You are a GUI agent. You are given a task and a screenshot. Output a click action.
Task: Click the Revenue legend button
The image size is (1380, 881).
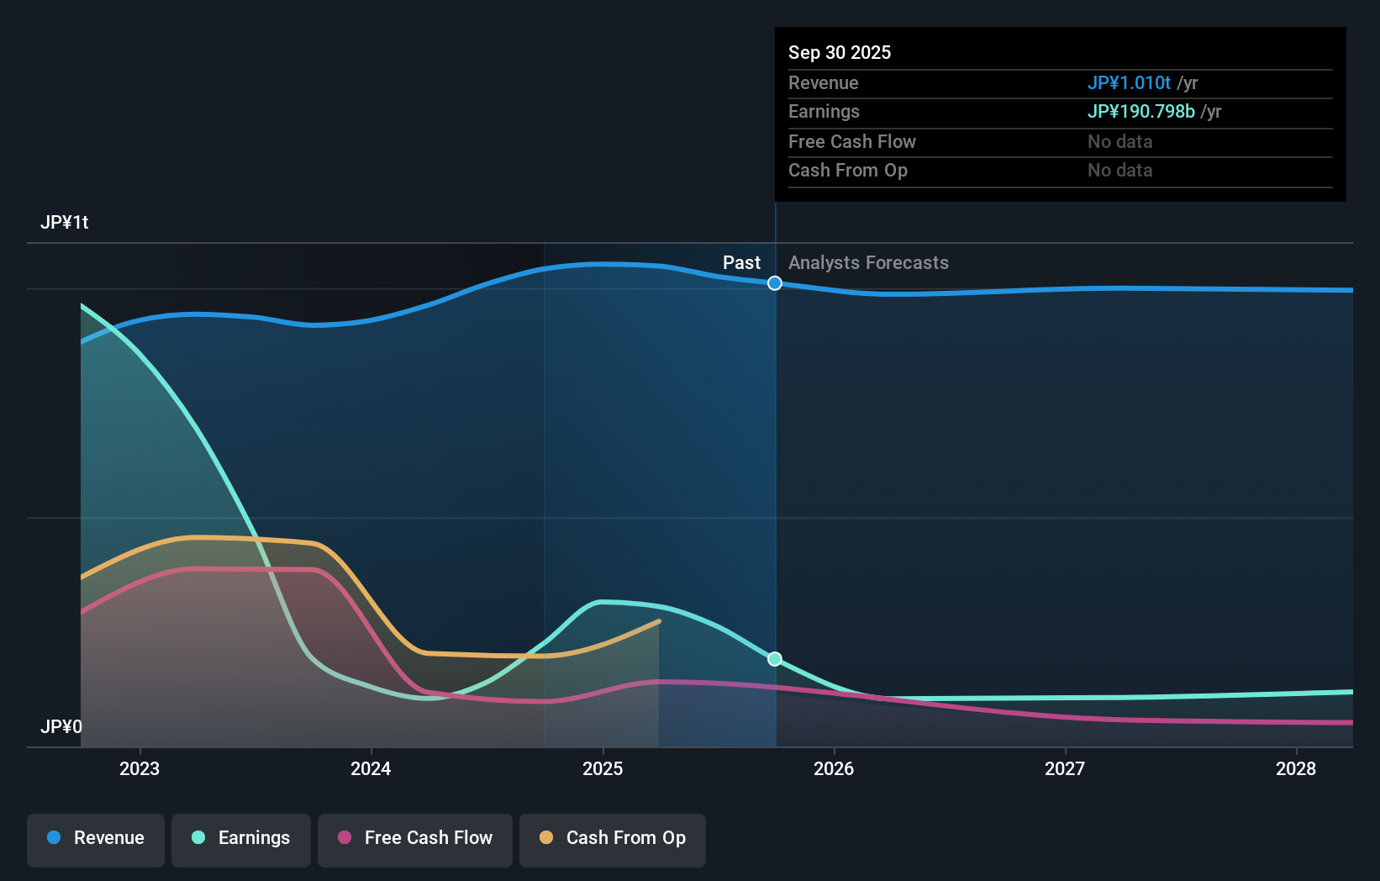(x=96, y=838)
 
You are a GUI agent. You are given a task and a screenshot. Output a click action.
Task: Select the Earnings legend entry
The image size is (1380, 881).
(x=241, y=838)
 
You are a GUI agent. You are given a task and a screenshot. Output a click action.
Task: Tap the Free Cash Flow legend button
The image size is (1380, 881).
(x=415, y=838)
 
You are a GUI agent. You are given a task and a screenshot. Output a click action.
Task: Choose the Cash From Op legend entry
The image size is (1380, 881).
(x=613, y=838)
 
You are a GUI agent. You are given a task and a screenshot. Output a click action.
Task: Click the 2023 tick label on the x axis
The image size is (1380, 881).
(x=140, y=768)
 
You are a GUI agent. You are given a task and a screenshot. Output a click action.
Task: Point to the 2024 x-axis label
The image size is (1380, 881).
(x=371, y=768)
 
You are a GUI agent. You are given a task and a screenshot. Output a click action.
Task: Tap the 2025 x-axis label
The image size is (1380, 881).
(x=603, y=768)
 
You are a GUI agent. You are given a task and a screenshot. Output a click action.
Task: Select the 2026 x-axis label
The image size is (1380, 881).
(x=834, y=768)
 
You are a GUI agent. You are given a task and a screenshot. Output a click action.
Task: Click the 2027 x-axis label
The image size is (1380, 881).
(x=1065, y=768)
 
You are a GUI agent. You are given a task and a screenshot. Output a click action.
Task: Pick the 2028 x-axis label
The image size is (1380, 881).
(x=1296, y=768)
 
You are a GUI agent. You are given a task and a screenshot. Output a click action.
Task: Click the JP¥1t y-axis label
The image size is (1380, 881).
(x=65, y=223)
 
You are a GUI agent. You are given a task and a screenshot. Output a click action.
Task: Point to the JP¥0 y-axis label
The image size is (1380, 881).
(x=61, y=726)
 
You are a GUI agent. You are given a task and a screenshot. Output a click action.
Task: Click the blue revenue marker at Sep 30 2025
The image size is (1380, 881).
(x=775, y=283)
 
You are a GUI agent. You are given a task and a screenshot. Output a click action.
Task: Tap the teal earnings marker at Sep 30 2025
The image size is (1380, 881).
(x=775, y=659)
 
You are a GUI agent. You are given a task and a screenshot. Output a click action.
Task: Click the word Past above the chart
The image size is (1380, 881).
(x=741, y=263)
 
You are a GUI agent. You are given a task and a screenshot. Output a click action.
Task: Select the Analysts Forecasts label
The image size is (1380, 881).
(x=868, y=263)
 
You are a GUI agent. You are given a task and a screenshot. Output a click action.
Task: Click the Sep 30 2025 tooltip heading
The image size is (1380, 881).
(x=840, y=53)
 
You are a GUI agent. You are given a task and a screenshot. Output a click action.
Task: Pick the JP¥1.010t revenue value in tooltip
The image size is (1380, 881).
(x=1129, y=83)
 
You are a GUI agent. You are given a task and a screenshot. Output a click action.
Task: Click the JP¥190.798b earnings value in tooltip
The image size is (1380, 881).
(x=1140, y=112)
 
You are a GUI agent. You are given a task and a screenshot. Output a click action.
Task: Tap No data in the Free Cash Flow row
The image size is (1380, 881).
(x=1119, y=142)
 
